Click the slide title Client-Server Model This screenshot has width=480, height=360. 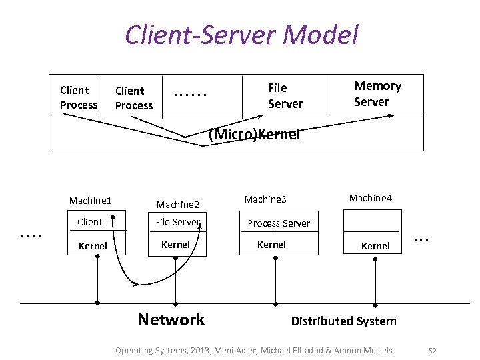(241, 35)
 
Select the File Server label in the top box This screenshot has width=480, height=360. (285, 96)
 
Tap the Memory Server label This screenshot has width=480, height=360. (377, 94)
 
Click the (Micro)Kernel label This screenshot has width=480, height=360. (254, 135)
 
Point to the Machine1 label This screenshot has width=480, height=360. (90, 201)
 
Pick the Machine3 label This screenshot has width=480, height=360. (265, 199)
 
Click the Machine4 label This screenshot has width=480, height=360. (371, 198)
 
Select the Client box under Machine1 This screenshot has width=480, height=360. (90, 222)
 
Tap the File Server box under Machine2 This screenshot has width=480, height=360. (177, 222)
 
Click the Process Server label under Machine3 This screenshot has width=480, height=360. (279, 223)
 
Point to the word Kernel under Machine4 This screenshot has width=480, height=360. (375, 246)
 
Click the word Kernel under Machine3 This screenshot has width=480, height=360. (271, 245)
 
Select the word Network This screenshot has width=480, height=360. (171, 319)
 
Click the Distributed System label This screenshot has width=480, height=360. (343, 321)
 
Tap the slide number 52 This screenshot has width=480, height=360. (432, 350)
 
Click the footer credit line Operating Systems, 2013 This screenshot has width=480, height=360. (254, 350)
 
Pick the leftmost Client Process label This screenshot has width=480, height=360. (78, 97)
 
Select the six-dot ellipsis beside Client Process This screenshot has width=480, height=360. (190, 95)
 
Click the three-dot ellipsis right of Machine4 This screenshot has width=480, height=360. (420, 238)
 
